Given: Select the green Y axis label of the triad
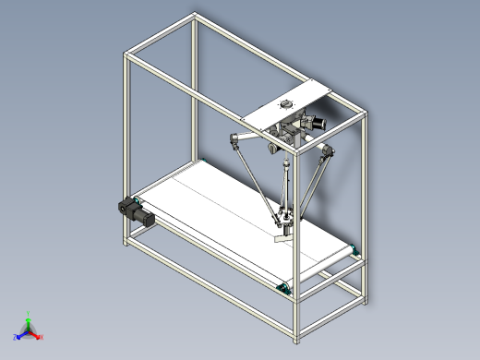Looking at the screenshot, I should pos(29,314).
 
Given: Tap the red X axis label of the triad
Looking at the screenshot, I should pos(42,338).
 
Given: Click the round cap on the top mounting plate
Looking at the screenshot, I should pos(287,104).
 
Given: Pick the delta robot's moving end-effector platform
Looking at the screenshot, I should pos(285,220).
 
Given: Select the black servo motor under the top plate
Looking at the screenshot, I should pos(318,121).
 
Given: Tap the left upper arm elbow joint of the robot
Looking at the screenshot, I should pos(234,141).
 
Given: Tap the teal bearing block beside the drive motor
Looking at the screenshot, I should pos(138,200).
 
